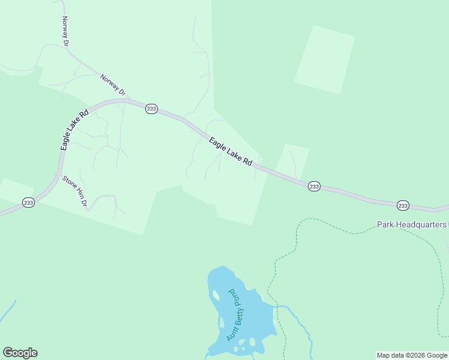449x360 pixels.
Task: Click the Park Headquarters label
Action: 412,224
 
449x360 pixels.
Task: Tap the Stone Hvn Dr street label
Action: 75,191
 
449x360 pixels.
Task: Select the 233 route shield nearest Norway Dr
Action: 151,109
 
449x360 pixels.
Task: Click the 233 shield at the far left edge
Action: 28,203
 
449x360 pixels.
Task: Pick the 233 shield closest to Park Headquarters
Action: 403,206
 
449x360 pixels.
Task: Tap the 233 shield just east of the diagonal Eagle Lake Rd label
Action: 314,187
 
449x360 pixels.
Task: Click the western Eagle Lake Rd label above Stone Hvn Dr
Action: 74,130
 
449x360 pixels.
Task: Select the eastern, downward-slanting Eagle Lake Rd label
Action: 231,152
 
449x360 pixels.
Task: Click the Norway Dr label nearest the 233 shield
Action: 114,85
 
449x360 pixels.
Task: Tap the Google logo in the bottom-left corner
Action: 20,353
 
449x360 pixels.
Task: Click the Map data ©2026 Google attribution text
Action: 412,355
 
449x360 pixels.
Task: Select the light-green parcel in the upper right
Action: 324,59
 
